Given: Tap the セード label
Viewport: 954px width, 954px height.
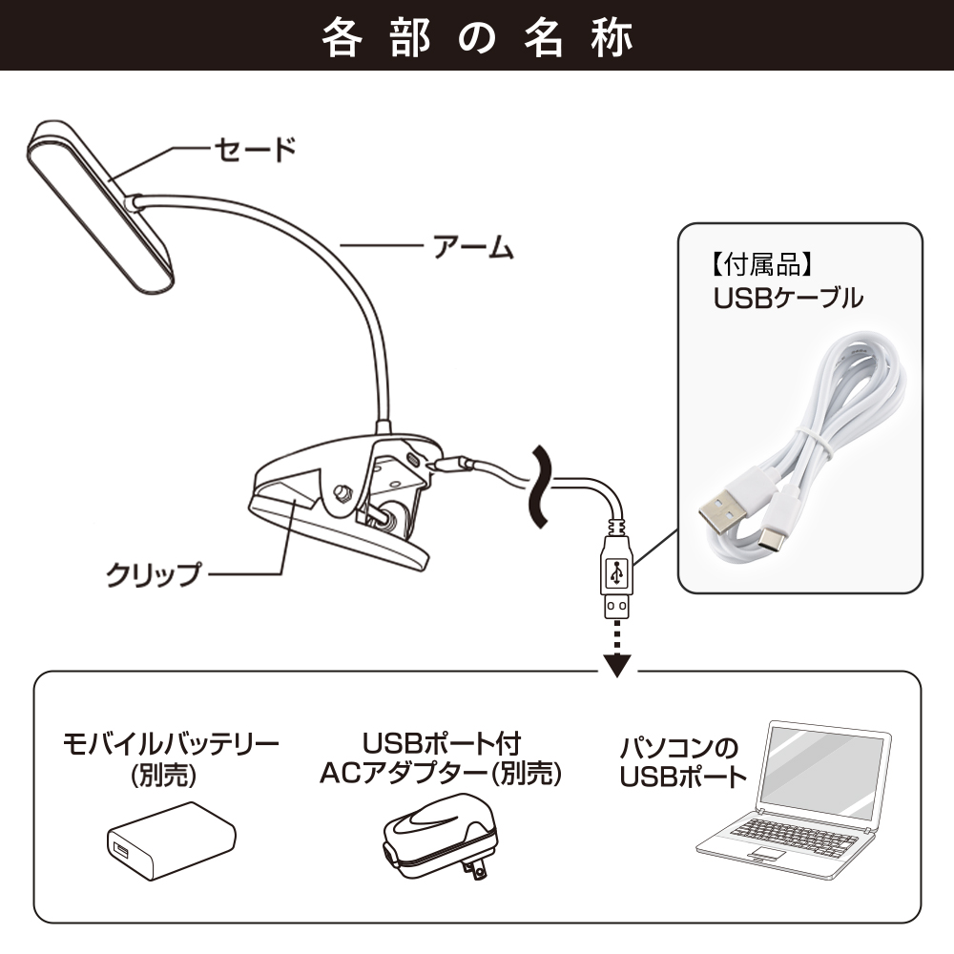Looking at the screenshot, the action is (x=255, y=149).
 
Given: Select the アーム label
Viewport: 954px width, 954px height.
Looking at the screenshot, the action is (x=473, y=247).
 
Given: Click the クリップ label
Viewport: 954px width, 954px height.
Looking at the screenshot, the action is (x=153, y=574).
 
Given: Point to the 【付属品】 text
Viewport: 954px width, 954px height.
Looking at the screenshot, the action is (x=761, y=264).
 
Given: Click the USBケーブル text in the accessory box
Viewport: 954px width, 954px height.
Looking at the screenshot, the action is (x=788, y=298).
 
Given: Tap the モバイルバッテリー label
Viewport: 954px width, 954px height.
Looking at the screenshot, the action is (x=171, y=743).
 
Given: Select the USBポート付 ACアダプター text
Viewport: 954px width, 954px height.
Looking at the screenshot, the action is (x=441, y=758).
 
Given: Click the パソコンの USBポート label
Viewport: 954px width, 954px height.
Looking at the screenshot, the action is (x=683, y=761).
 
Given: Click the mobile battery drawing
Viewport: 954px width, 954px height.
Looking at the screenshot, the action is (x=172, y=839).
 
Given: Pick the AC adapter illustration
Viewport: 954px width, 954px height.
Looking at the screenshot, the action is (x=438, y=838).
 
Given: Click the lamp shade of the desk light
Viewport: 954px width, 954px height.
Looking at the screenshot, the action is (x=100, y=207).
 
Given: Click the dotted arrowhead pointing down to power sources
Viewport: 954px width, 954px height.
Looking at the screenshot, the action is (x=617, y=666).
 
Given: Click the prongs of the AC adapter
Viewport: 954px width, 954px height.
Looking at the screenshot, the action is (x=474, y=868).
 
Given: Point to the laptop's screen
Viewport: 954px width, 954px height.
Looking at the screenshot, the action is (x=822, y=773).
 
